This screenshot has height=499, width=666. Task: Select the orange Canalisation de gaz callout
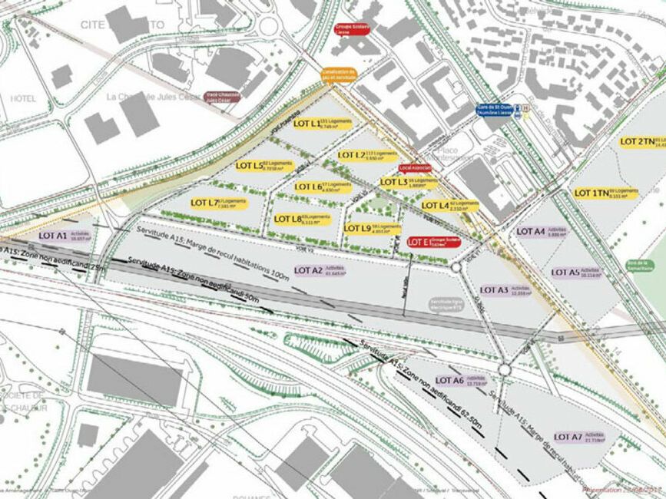pos(339,75)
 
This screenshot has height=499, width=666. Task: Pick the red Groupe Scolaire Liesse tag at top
pos(352,30)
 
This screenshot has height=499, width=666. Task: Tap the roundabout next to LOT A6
pos(504,370)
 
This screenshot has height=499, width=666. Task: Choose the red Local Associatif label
pos(415,167)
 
